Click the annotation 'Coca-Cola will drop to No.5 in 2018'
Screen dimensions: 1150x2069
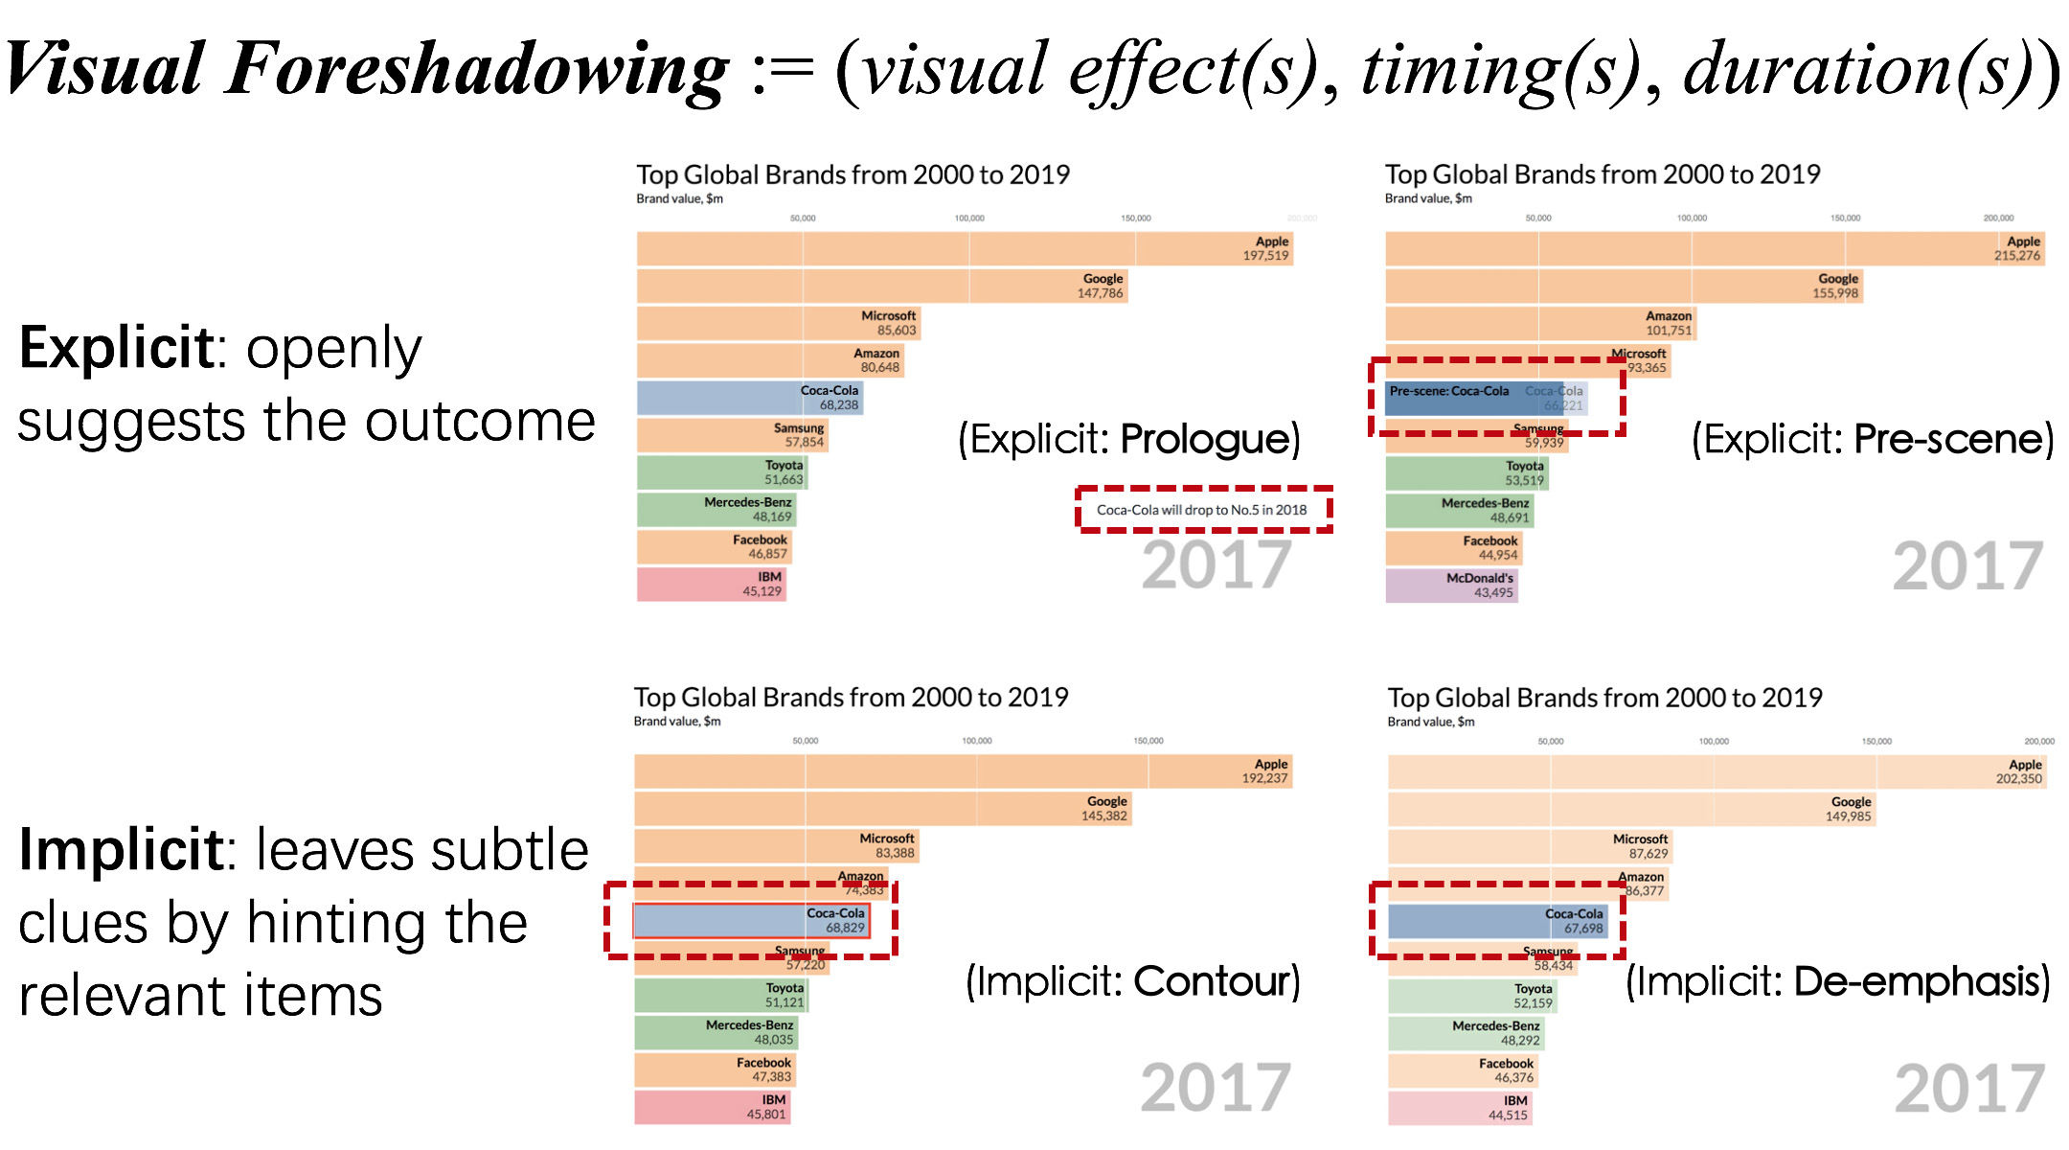[1201, 510]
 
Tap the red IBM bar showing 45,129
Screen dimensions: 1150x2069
[711, 585]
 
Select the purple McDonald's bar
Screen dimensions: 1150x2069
[1450, 586]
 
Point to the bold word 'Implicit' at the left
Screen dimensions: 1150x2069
[122, 850]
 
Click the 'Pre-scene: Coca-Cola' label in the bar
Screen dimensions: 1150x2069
[1448, 391]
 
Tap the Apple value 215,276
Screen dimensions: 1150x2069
[2016, 256]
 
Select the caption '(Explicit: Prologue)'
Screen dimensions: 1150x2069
[1129, 439]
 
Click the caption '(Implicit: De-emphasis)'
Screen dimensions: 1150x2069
[1837, 981]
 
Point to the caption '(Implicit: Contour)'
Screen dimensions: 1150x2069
[1132, 981]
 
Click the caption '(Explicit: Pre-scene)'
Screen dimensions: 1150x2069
[1873, 439]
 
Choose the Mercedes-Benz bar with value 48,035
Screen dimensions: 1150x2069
[715, 1032]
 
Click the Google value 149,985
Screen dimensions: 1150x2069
[1848, 816]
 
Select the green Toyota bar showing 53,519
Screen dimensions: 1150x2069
[1466, 473]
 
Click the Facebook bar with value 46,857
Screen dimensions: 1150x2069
[714, 547]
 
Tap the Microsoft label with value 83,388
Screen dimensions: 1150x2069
[886, 845]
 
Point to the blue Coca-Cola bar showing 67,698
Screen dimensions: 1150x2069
[1497, 921]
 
